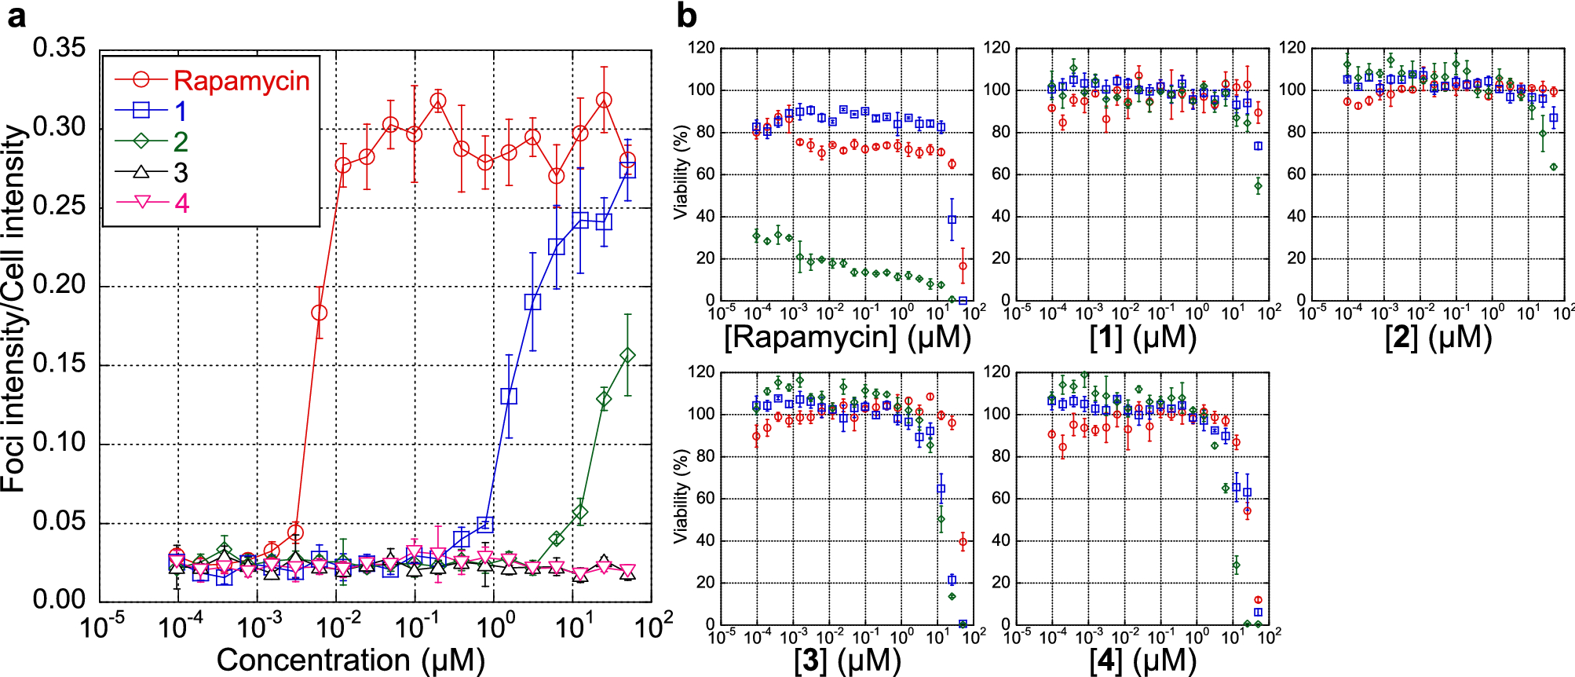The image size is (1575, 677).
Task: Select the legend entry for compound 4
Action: (181, 203)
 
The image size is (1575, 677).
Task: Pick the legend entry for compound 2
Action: (181, 142)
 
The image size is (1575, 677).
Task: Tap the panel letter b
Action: (686, 16)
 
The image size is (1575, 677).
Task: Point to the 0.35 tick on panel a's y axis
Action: (60, 48)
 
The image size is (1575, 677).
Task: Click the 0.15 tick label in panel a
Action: (60, 364)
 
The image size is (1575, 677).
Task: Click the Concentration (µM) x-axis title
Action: (350, 660)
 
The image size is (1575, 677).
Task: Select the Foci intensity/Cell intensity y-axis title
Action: (14, 310)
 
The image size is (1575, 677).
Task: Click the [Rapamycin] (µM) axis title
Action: (847, 338)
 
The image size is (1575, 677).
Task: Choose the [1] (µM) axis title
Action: (1142, 338)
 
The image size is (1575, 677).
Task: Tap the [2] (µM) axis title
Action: (1438, 338)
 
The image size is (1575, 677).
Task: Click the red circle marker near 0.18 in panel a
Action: (319, 313)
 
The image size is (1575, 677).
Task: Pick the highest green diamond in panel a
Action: (627, 356)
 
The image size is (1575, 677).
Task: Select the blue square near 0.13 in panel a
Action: (509, 396)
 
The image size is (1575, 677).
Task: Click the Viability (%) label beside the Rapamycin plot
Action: (680, 173)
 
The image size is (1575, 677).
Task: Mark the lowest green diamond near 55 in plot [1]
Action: (1258, 186)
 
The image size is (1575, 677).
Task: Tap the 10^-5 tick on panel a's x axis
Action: (102, 628)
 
